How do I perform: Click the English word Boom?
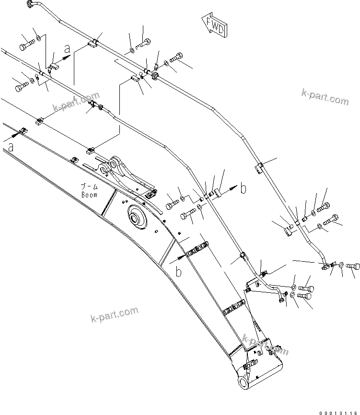coord(89,195)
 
